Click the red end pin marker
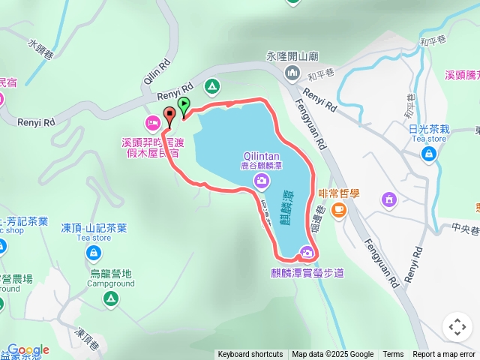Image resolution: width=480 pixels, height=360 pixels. click(x=169, y=115)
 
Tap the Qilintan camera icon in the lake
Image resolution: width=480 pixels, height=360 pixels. click(x=261, y=179)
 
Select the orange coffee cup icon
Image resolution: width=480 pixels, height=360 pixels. click(x=339, y=208)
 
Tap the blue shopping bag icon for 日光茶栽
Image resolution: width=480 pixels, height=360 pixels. click(x=428, y=154)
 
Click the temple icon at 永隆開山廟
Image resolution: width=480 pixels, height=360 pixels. click(x=291, y=72)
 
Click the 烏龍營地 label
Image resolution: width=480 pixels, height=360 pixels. click(x=110, y=274)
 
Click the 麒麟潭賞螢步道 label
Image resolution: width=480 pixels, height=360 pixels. click(x=308, y=272)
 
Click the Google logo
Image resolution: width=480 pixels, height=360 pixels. click(x=28, y=350)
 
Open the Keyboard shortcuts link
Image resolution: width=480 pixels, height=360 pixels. click(x=250, y=355)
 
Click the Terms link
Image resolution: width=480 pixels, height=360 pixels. click(x=393, y=355)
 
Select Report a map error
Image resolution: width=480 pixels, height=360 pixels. click(x=443, y=355)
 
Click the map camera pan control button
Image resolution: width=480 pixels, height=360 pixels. click(x=457, y=327)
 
